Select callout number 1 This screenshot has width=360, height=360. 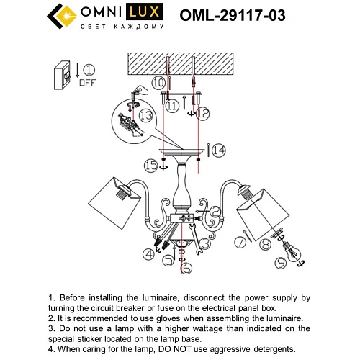[89, 70]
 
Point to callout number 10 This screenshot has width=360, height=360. [158, 84]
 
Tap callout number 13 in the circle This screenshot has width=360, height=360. [146, 114]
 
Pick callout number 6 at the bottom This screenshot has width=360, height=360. [186, 269]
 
